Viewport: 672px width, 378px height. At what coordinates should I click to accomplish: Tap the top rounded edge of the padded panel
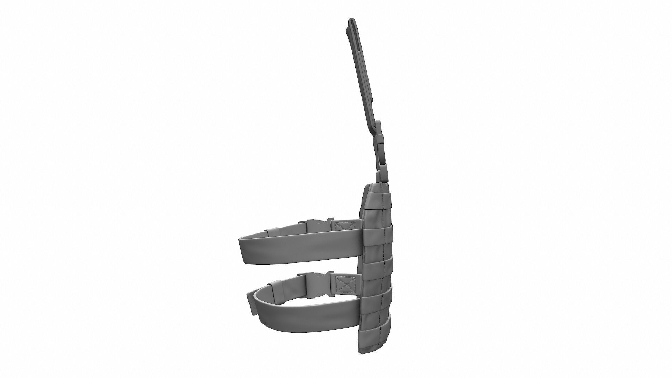click(x=376, y=187)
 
